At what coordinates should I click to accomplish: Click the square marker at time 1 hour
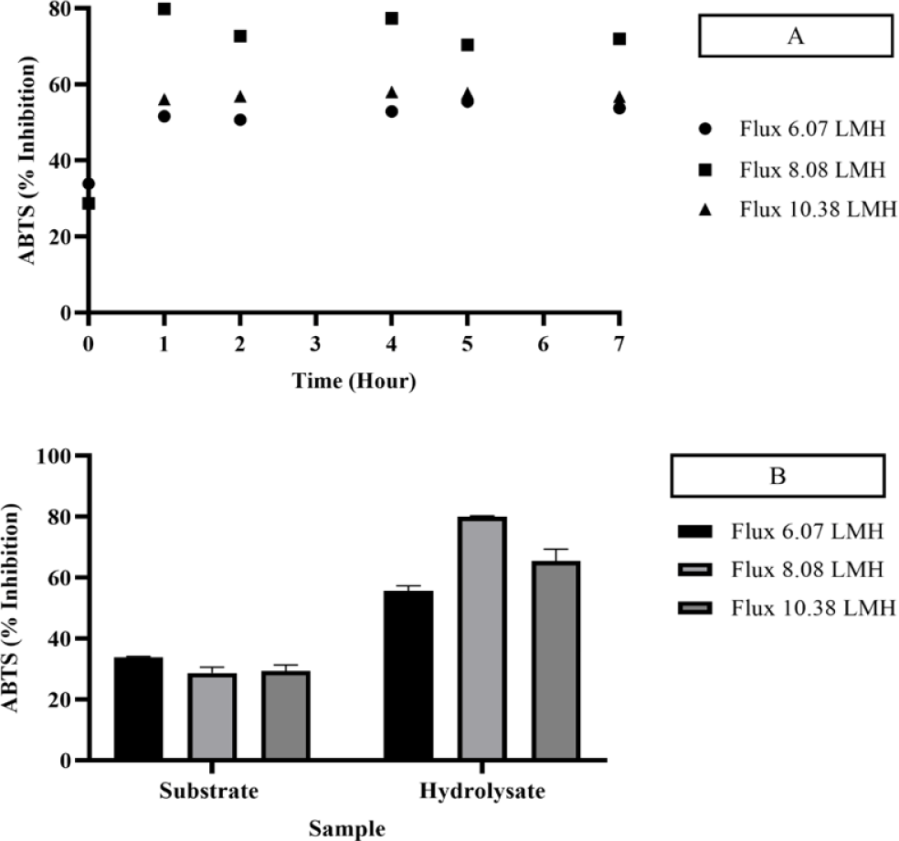click(164, 9)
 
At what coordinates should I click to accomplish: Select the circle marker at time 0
click(89, 184)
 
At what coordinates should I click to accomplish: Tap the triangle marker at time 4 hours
click(392, 92)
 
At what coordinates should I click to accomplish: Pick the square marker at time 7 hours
click(619, 39)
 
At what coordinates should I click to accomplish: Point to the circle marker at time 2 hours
click(240, 120)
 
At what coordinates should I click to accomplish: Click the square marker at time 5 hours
click(468, 45)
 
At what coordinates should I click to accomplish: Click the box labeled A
click(796, 37)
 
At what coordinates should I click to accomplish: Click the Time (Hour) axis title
click(354, 382)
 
